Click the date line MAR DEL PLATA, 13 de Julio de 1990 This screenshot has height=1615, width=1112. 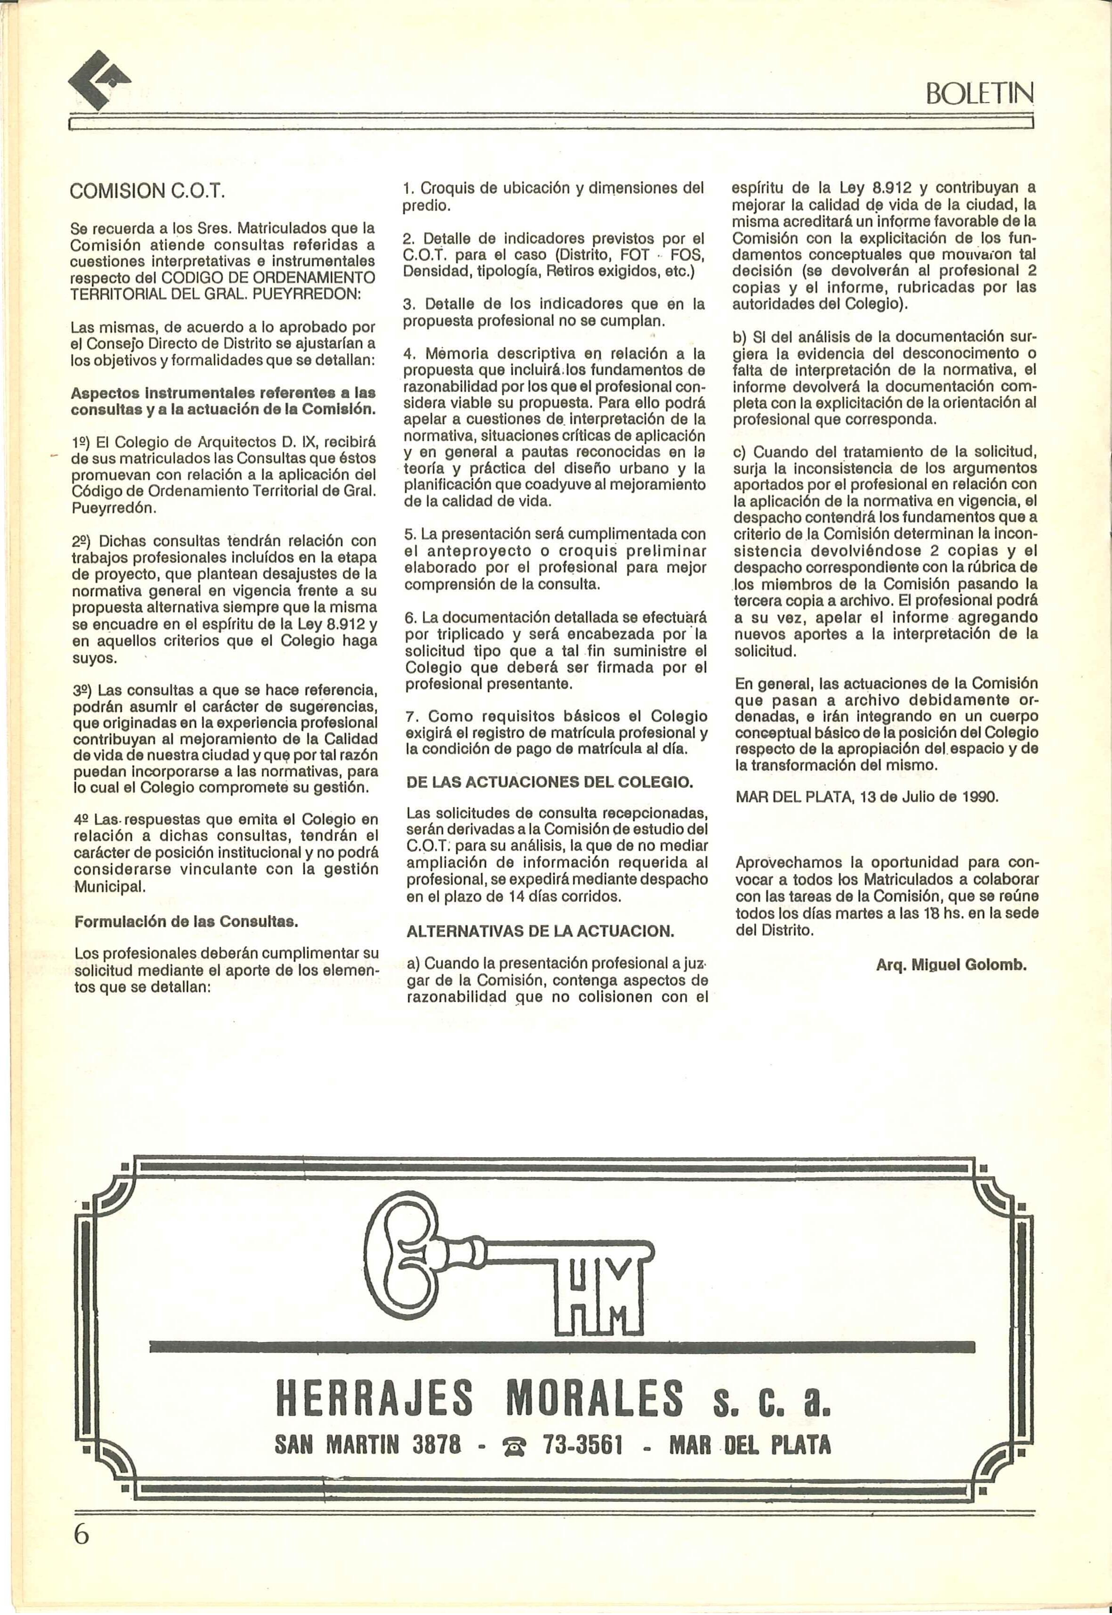tap(867, 797)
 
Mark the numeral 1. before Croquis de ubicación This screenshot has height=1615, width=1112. tap(409, 188)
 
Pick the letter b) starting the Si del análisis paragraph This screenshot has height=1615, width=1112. tap(740, 337)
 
